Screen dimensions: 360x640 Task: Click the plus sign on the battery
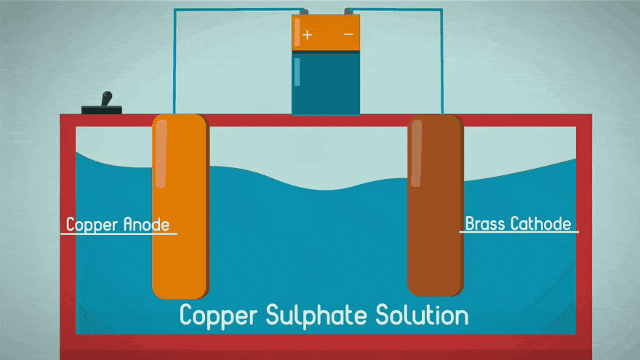click(x=307, y=34)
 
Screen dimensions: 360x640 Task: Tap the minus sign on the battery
click(x=348, y=34)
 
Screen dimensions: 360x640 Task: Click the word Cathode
click(x=540, y=223)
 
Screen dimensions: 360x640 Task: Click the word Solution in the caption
click(x=422, y=316)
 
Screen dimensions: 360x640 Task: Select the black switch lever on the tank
click(x=106, y=100)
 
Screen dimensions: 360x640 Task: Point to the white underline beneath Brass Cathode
click(x=519, y=232)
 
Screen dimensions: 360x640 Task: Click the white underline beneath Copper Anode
click(x=119, y=233)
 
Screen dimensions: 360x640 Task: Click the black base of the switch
click(x=102, y=110)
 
